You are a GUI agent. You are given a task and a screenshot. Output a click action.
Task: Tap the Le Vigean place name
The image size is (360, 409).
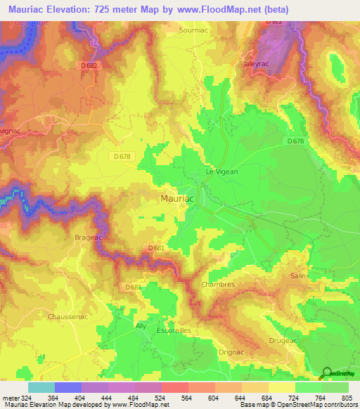[x=221, y=171]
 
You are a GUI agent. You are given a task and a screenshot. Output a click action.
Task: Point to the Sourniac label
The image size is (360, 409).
[x=193, y=31]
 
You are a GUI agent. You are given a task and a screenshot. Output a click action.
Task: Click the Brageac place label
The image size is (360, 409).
[x=88, y=238]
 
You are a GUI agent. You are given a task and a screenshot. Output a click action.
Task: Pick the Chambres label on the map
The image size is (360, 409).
[x=217, y=284]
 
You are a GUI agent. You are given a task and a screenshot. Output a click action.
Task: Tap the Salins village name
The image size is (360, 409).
[x=300, y=276]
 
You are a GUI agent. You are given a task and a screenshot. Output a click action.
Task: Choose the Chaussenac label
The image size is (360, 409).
[x=68, y=317]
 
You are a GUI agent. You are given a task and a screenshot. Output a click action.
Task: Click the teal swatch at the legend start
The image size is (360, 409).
[x=41, y=387]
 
